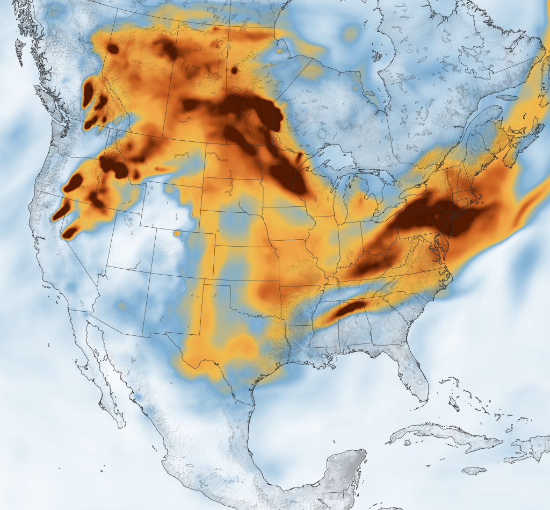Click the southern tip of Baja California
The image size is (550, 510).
point(120,425)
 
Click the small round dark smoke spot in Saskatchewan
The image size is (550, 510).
point(234,70)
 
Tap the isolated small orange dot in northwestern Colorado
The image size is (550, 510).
point(177,234)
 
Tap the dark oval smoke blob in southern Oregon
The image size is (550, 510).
point(73,182)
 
